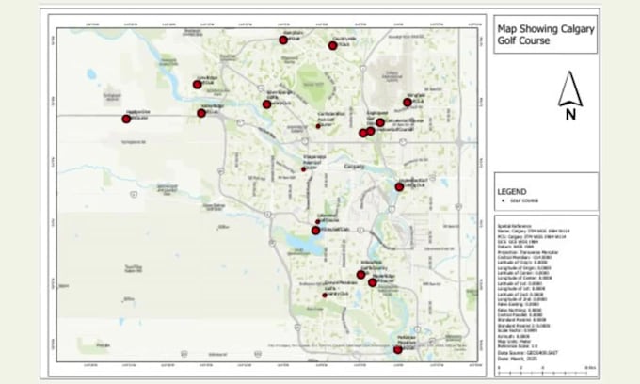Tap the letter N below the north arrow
pyautogui.click(x=570, y=116)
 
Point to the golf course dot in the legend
pyautogui.click(x=502, y=200)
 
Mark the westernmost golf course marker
pyautogui.click(x=126, y=119)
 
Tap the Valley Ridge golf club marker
pyautogui.click(x=201, y=113)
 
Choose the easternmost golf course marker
pyautogui.click(x=408, y=102)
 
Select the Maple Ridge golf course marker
pyautogui.click(x=373, y=282)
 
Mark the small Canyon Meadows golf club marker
pyautogui.click(x=325, y=296)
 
